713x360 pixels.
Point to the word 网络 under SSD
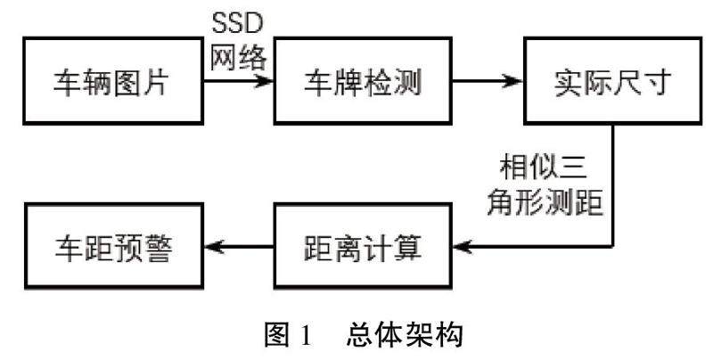237,58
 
